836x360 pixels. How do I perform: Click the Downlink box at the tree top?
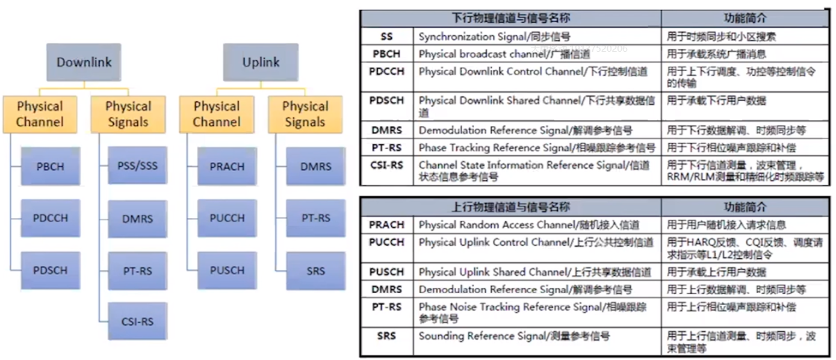84,63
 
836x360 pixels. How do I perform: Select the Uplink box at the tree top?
261,63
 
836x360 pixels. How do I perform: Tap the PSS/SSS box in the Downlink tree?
138,165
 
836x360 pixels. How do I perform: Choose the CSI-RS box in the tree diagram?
138,321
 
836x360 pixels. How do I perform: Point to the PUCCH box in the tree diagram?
227,218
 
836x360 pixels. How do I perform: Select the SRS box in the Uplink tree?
315,270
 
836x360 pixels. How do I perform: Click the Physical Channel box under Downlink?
40,114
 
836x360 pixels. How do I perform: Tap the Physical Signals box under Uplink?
305,114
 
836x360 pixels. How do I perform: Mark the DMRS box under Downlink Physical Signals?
138,219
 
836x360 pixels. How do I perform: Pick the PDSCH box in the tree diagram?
50,270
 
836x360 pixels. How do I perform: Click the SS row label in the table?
386,37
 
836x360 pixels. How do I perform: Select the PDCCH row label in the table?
386,72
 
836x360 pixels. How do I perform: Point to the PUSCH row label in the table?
386,272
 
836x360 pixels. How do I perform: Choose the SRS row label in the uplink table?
386,336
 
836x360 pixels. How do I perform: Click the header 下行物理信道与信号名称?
510,18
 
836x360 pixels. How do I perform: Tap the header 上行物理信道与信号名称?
510,206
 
